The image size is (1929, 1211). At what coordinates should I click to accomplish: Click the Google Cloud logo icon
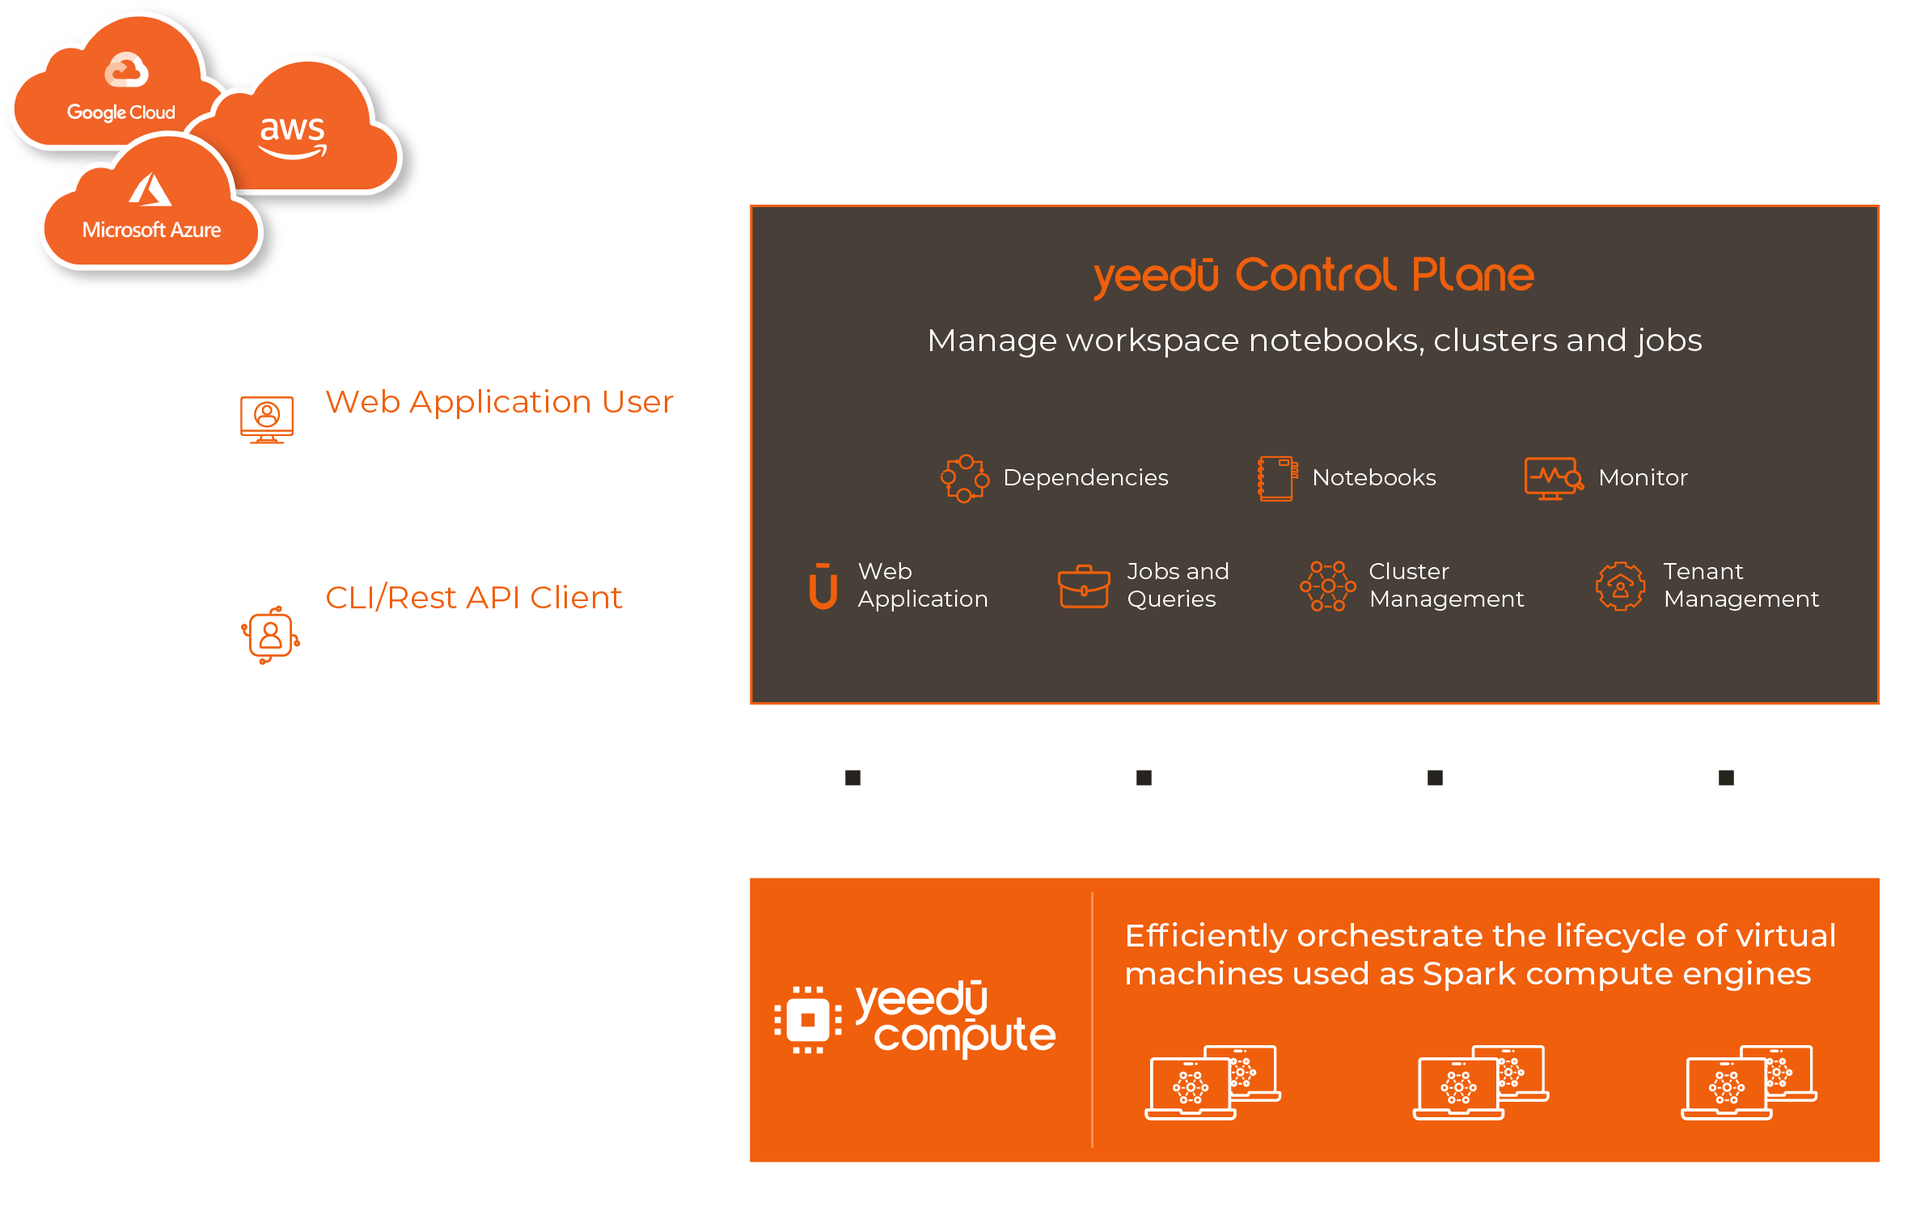[126, 70]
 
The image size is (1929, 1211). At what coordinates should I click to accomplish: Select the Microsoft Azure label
[151, 230]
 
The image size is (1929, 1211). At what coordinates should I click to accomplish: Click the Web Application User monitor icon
[267, 419]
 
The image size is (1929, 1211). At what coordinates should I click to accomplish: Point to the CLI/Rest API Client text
[473, 598]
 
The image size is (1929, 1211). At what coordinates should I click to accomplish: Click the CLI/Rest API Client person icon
[270, 635]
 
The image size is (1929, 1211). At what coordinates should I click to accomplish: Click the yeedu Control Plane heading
[1313, 275]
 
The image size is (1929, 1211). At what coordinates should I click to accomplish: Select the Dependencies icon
[964, 478]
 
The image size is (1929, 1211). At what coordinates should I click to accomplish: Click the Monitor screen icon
[1552, 478]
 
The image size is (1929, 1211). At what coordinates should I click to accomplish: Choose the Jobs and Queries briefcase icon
[1084, 586]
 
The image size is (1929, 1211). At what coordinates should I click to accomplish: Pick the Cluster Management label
[1445, 585]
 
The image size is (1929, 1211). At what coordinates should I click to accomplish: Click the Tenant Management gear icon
[1619, 586]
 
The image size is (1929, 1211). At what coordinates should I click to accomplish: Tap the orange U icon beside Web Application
[823, 586]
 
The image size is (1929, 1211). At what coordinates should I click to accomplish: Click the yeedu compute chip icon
[807, 1019]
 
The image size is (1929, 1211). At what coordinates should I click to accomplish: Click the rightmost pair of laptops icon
[1749, 1082]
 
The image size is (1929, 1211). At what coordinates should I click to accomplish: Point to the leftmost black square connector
[852, 777]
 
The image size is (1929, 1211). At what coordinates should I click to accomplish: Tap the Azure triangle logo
[150, 191]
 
